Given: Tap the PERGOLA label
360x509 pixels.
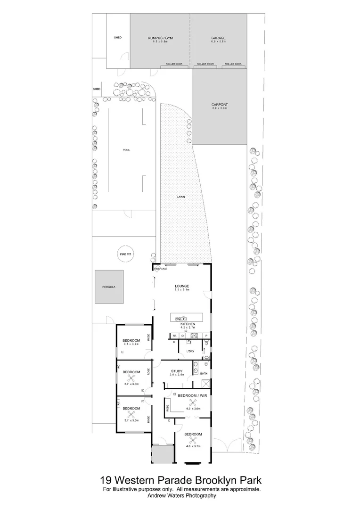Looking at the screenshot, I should click(108, 287).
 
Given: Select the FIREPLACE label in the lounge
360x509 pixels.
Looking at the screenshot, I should click(161, 269).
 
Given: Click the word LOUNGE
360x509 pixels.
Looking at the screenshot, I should click(181, 286).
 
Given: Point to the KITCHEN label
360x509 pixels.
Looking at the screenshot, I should click(188, 325).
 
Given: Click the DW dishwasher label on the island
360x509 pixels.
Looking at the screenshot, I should click(178, 320).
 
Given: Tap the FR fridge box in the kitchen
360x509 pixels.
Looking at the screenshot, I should click(174, 336).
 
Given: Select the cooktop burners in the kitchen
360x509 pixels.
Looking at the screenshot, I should click(194, 336).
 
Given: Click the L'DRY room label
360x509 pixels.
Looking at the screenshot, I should click(191, 352).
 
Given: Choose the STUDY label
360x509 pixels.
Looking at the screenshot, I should click(177, 371).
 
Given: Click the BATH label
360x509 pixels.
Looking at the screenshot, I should click(204, 374).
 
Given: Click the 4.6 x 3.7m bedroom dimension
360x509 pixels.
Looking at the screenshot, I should click(193, 446).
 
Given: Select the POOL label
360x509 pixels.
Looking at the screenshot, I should click(126, 150).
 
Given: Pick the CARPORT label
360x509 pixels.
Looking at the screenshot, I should click(219, 105).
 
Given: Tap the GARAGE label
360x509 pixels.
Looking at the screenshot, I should click(219, 38).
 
